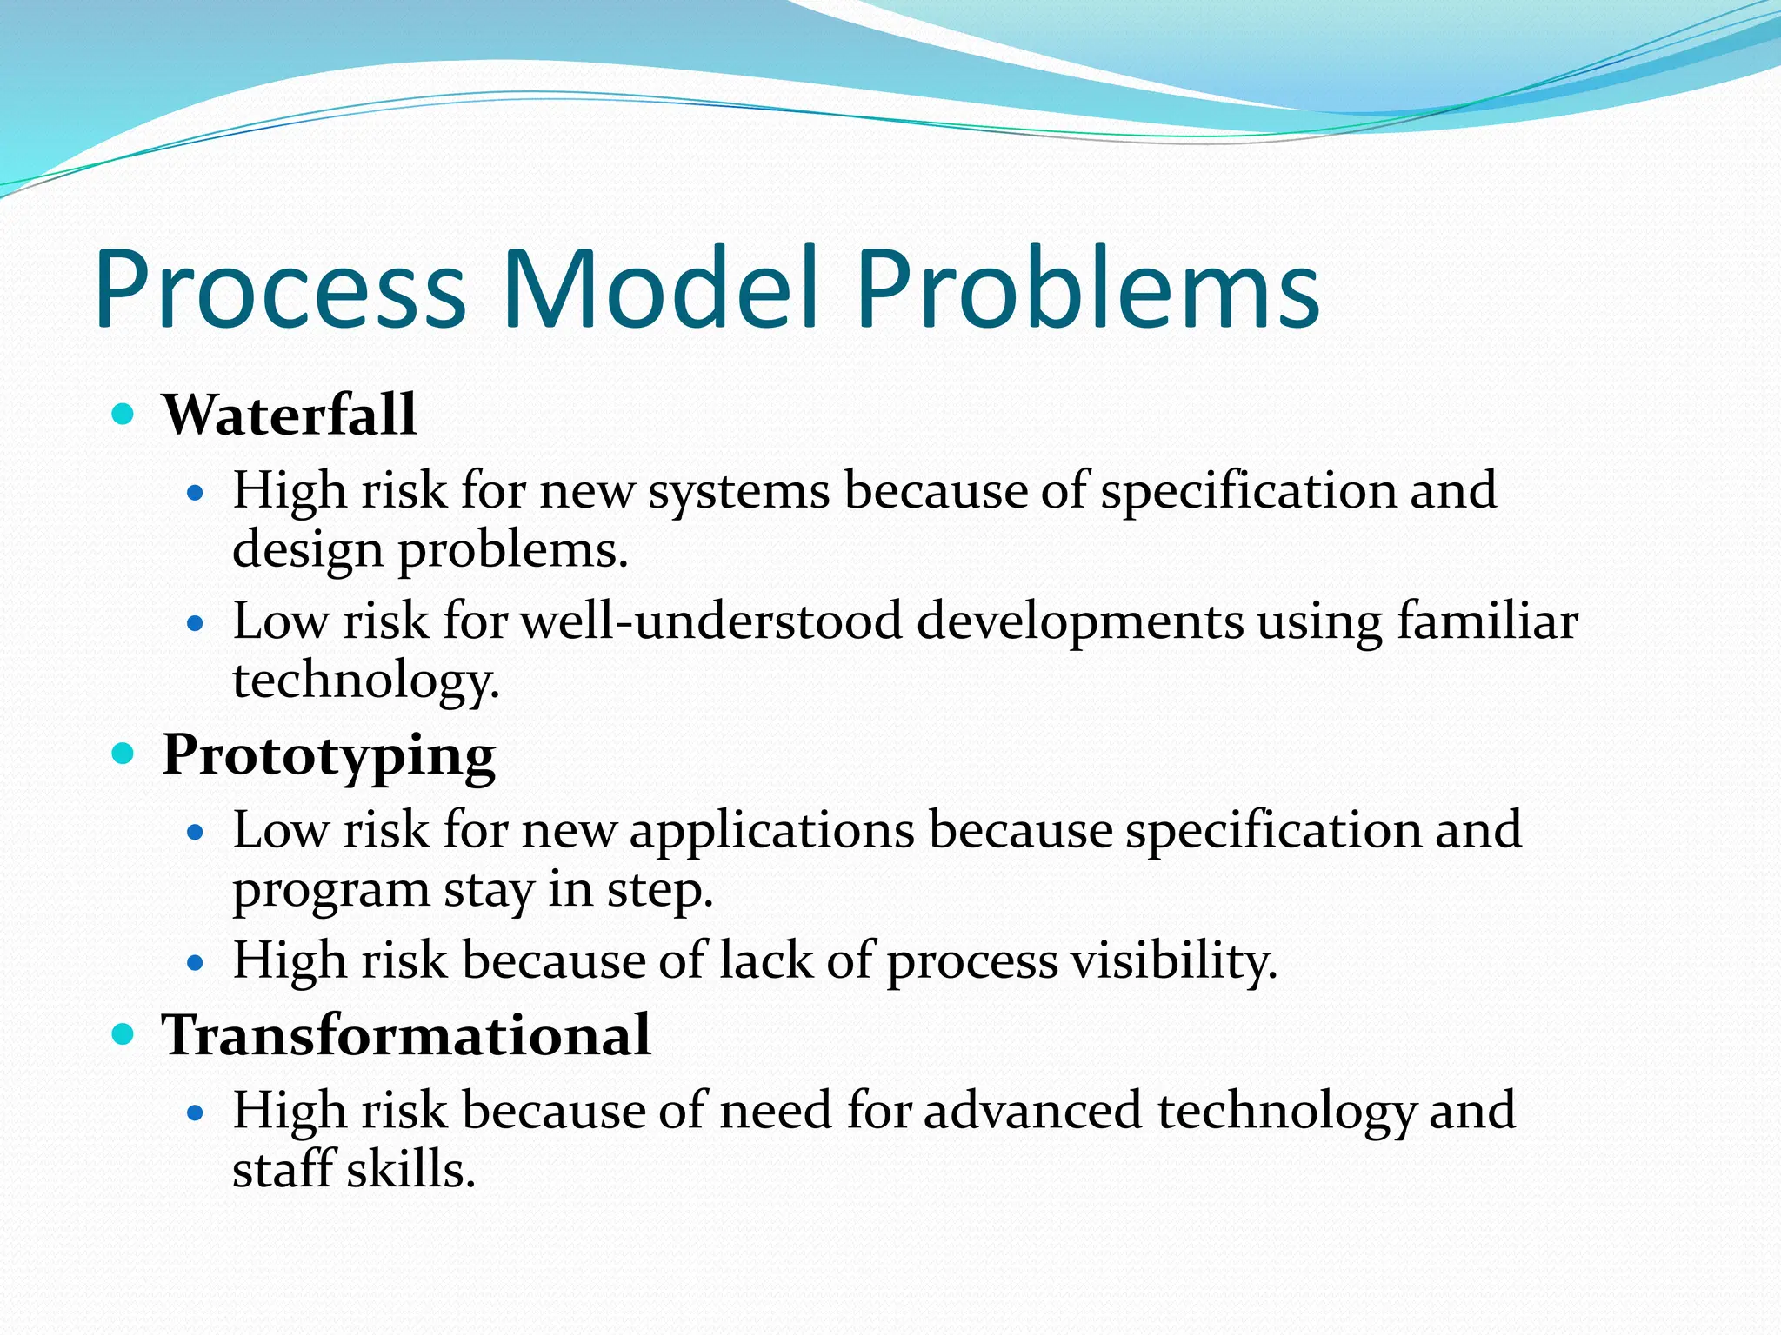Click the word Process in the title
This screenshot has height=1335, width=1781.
coord(280,289)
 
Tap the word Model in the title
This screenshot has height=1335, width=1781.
coord(661,289)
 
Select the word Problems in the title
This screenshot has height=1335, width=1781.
coord(1087,289)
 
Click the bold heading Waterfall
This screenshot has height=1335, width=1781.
coord(289,415)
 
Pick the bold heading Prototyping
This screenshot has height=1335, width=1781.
coord(329,755)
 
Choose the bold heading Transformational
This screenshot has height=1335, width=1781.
coord(406,1035)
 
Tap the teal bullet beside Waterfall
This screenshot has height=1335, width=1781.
coord(123,413)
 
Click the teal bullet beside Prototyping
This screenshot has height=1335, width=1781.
coord(123,753)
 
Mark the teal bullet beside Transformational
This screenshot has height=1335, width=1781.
coord(123,1033)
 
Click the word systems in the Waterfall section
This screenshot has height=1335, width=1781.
coord(738,491)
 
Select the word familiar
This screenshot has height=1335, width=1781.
coord(1487,621)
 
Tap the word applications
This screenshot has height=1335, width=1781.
coord(771,830)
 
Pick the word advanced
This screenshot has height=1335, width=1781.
coord(1032,1111)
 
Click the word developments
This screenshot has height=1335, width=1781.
coord(1079,621)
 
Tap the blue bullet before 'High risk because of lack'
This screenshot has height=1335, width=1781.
coord(196,963)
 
